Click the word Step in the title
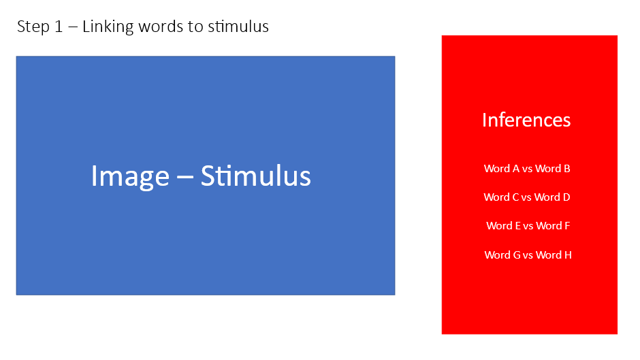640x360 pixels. pos(33,27)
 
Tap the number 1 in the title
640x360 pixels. pos(59,27)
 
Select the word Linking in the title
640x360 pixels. pos(108,27)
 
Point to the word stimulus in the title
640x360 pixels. pos(238,27)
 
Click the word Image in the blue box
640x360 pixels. pos(130,177)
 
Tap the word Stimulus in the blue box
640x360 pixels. pos(255,176)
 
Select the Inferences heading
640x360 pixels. pos(526,120)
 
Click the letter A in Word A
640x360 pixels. pos(516,169)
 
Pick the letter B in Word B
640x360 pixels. pos(566,169)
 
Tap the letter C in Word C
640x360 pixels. pos(515,197)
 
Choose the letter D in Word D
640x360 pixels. pos(566,197)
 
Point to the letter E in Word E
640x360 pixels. pos(517,226)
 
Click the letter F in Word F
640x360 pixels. pos(567,226)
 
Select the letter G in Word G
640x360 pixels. pos(517,255)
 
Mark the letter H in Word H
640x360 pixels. pos(568,255)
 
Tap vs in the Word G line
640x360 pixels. pos(528,255)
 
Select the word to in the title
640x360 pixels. pos(196,27)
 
